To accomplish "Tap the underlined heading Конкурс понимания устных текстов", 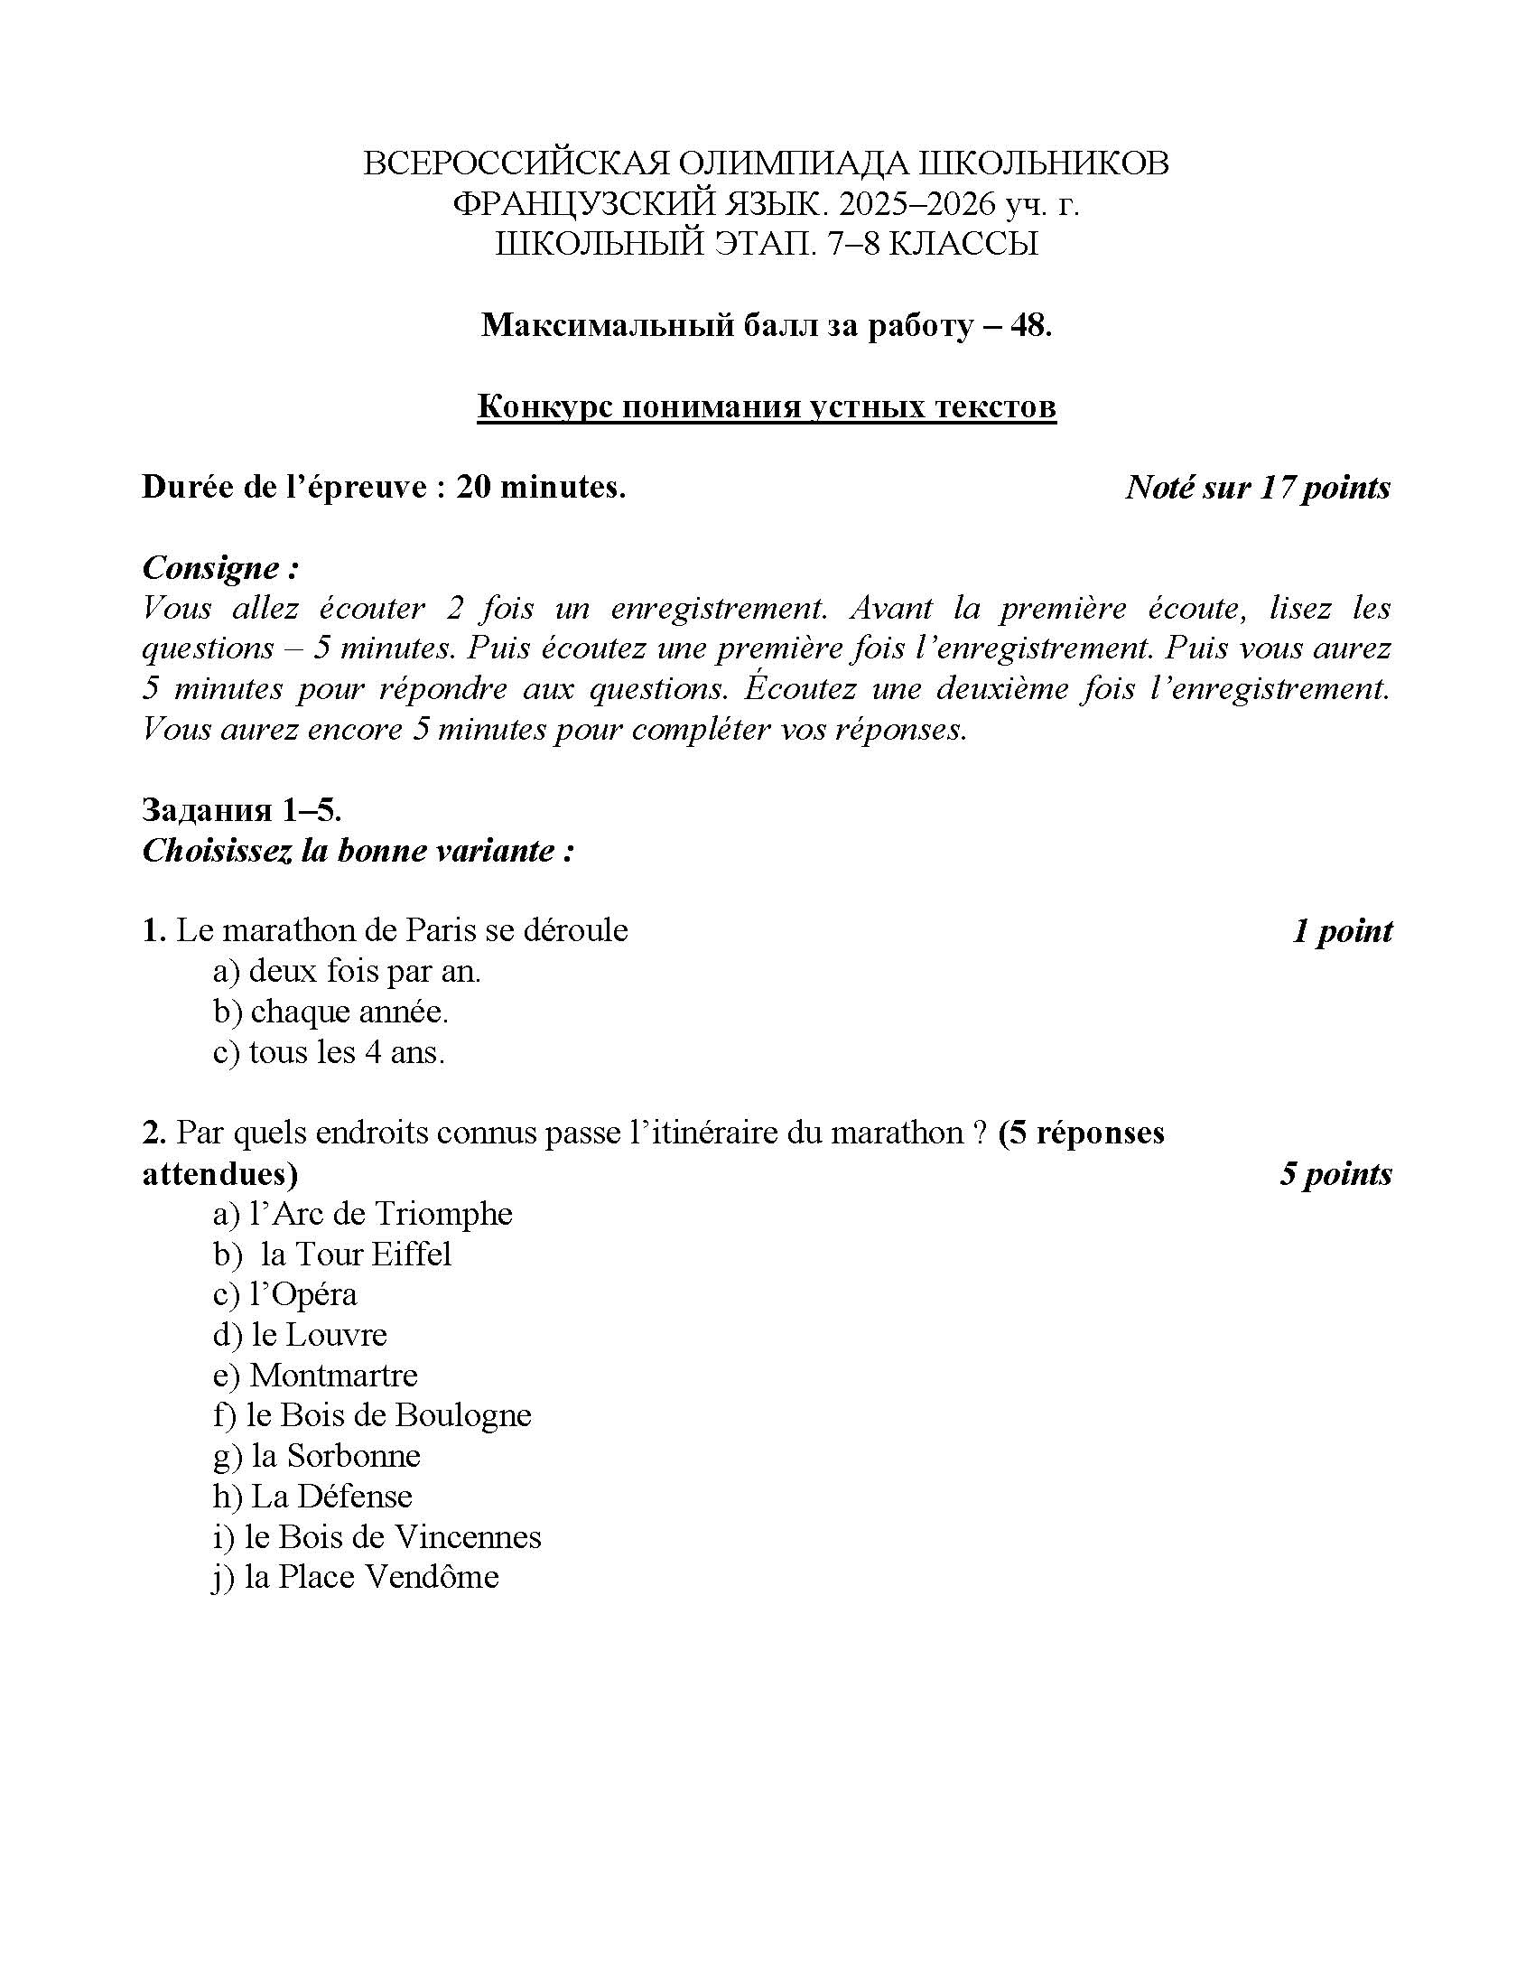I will tap(767, 406).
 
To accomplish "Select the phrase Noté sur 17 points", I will tap(1258, 488).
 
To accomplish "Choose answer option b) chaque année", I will tap(331, 1012).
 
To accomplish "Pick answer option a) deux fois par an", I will tap(347, 972).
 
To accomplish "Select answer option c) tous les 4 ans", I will tap(329, 1052).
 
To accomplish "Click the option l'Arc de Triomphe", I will tap(363, 1214).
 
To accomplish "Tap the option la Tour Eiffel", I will tap(333, 1255).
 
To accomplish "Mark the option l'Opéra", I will tap(285, 1294).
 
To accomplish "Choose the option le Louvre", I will tap(300, 1335).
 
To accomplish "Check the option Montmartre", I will tap(315, 1375).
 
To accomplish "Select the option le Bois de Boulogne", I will tap(372, 1415).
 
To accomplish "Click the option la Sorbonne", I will tap(317, 1456).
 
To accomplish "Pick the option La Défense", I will tap(312, 1497).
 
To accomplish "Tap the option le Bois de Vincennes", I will tap(377, 1536).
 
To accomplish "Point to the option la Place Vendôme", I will tap(356, 1577).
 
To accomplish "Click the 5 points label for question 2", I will tap(1335, 1173).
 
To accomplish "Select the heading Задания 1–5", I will tap(242, 810).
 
